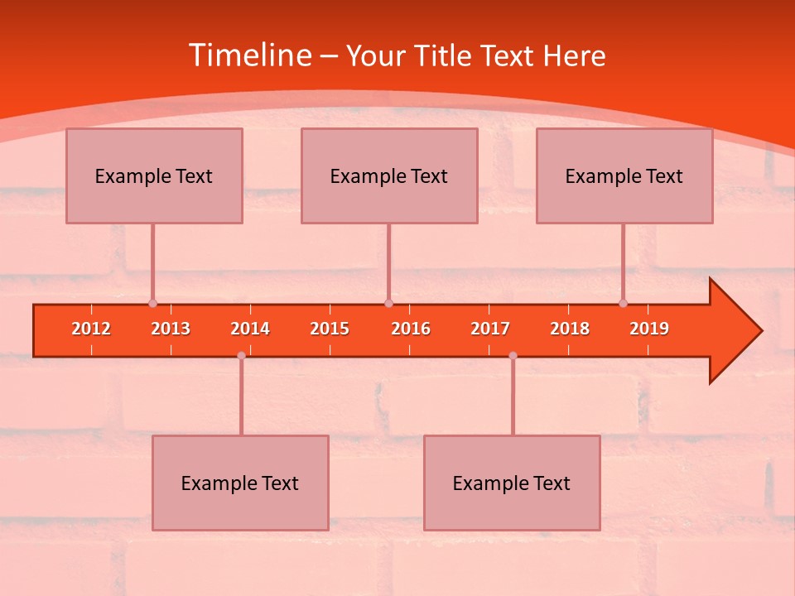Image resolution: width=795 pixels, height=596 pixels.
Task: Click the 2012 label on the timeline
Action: point(91,329)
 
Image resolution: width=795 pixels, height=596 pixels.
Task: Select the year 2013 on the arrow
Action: point(171,329)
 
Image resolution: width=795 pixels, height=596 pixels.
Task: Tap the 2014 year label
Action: point(250,329)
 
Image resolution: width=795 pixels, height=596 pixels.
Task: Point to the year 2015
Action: point(330,329)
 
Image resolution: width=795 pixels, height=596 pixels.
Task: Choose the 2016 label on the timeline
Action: point(411,329)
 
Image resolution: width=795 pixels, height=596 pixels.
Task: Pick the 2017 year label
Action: point(490,329)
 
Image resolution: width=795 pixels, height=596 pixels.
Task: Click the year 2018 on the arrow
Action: point(570,329)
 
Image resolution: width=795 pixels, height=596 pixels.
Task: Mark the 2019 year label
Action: point(649,329)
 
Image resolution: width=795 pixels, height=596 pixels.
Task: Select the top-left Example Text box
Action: point(154,175)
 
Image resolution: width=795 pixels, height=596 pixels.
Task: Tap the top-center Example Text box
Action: point(389,175)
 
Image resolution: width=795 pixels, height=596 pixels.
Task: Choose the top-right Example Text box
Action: point(624,175)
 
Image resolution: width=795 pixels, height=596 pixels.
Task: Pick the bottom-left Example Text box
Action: point(240,483)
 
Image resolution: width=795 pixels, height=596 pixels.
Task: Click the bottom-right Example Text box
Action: point(512,483)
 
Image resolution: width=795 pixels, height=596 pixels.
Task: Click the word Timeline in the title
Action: point(249,55)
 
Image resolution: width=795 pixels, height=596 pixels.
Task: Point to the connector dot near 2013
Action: point(152,304)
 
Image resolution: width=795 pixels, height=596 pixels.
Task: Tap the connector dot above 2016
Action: point(388,304)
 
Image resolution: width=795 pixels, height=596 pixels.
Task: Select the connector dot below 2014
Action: point(241,355)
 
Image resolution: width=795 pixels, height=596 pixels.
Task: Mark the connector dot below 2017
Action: point(513,355)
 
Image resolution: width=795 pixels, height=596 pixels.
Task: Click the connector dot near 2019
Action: point(623,304)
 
